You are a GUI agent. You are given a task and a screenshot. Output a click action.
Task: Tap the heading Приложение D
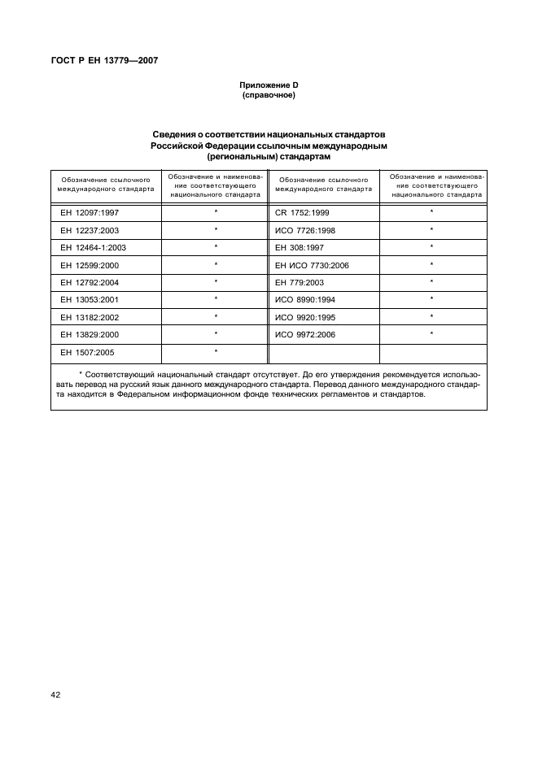pyautogui.click(x=269, y=85)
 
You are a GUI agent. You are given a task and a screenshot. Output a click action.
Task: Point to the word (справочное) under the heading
pyautogui.click(x=269, y=96)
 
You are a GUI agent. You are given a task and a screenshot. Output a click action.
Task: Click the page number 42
pyautogui.click(x=56, y=694)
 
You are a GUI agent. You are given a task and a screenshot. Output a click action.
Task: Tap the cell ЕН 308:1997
pyautogui.click(x=300, y=247)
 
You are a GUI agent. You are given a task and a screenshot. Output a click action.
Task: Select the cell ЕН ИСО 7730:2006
pyautogui.click(x=312, y=265)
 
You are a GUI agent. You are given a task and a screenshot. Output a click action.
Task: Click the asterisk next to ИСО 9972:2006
pyautogui.click(x=431, y=334)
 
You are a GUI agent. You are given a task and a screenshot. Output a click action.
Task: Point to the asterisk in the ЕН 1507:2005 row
pyautogui.click(x=216, y=352)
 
